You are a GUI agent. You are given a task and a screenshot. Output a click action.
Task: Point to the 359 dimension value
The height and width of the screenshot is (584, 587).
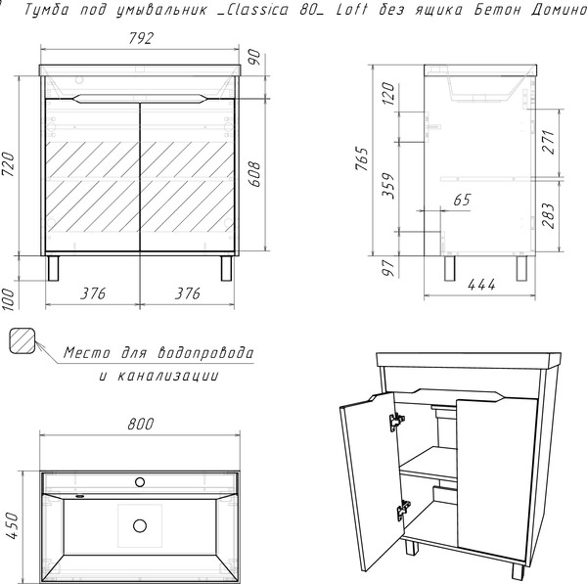(387, 186)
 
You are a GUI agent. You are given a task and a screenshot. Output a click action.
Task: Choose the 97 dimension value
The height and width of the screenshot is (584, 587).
(387, 264)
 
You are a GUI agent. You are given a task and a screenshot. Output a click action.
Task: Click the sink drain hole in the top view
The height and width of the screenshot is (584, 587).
(141, 525)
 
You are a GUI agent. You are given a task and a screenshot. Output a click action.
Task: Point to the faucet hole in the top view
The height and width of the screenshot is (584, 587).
(141, 482)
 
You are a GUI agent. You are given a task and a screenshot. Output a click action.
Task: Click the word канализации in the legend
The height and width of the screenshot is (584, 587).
(169, 376)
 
